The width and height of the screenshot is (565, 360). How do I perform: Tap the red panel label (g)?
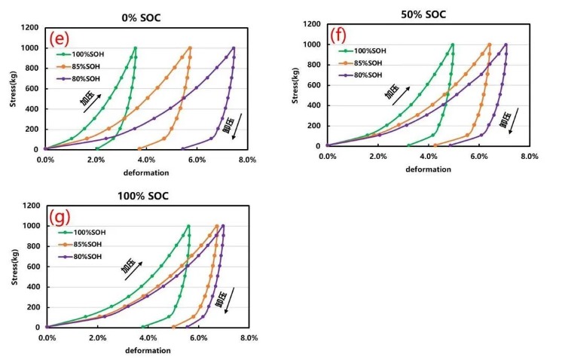(x=60, y=217)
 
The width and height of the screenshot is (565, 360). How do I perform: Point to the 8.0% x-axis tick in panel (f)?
(x=529, y=156)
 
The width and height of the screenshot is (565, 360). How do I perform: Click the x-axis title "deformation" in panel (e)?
(x=146, y=172)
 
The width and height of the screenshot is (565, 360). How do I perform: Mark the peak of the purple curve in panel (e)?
(x=234, y=48)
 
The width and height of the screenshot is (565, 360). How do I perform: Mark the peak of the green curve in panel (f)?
(x=453, y=44)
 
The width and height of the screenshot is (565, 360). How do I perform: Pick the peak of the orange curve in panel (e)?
(x=190, y=48)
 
